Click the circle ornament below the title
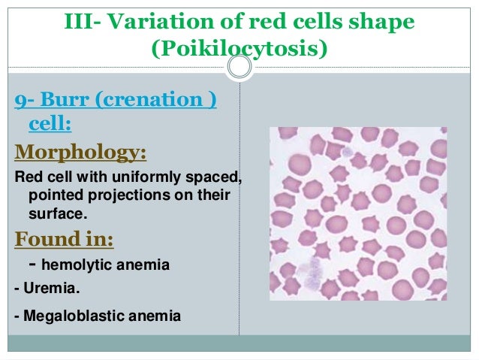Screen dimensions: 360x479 coord(239,68)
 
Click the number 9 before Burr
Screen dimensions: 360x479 coord(20,100)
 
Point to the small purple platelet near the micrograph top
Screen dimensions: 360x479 coord(347,153)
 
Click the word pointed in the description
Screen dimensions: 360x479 coord(53,197)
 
